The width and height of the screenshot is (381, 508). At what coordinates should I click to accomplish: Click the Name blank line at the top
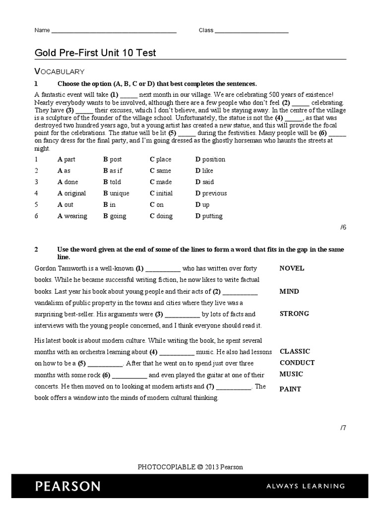(x=114, y=31)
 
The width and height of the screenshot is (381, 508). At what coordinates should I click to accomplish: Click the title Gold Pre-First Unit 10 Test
(x=95, y=53)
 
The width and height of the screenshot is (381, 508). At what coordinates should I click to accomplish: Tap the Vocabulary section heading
(x=59, y=71)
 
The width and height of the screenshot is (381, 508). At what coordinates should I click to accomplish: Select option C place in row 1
(x=160, y=159)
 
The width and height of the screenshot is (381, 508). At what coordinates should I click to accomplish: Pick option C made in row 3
(x=161, y=182)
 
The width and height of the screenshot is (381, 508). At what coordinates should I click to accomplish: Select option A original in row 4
(x=71, y=193)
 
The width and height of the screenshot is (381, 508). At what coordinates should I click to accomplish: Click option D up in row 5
(x=202, y=204)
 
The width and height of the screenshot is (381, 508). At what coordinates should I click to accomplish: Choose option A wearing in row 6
(x=72, y=216)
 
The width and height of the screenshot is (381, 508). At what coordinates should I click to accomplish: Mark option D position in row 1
(x=210, y=159)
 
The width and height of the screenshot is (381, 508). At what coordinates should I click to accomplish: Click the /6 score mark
(x=343, y=227)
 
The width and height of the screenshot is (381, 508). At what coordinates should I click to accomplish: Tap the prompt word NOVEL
(x=292, y=268)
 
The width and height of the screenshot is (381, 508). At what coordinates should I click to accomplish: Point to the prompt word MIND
(x=289, y=291)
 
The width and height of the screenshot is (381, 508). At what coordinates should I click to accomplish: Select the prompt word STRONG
(x=294, y=314)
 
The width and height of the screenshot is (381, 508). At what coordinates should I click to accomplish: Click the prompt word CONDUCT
(x=297, y=363)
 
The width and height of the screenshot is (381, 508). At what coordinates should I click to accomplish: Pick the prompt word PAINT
(x=290, y=389)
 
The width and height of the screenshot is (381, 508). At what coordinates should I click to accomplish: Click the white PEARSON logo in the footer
(x=67, y=486)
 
